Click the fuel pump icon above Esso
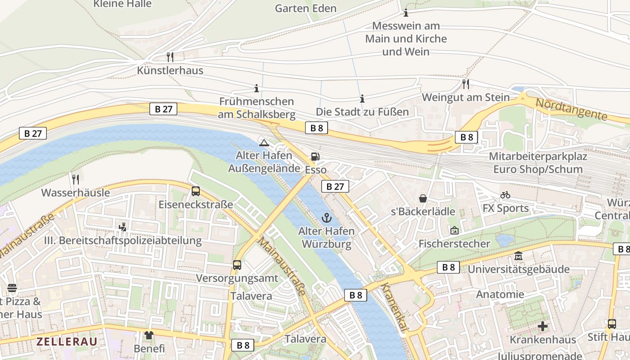coord(315,157)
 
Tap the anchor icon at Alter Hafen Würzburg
coord(326,218)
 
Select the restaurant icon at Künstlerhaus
coord(170,57)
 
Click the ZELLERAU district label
coord(67,341)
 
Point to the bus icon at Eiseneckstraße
coord(195,191)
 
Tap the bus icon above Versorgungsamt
coord(237,265)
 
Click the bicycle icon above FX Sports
coord(505,195)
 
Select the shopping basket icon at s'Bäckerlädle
coord(423,198)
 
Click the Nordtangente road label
coord(571,109)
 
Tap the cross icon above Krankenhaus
coord(543,326)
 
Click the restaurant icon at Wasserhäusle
coord(75,180)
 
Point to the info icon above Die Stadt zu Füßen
coord(362,99)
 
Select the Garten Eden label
coord(306,9)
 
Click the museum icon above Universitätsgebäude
coord(518,256)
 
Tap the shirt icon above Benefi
coord(149,335)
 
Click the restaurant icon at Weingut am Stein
coord(466,84)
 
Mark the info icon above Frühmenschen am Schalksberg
coord(256,88)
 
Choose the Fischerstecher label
coord(454,243)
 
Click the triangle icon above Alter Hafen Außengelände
coord(264,143)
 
